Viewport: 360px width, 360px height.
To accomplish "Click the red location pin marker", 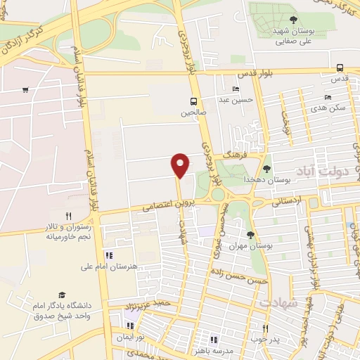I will click(x=181, y=165).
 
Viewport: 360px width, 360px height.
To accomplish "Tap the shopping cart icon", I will click(x=25, y=89).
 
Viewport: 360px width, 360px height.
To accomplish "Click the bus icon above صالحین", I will click(x=193, y=101).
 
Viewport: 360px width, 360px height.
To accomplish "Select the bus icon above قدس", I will click(x=340, y=67).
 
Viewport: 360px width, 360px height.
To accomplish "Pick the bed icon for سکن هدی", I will click(x=328, y=97).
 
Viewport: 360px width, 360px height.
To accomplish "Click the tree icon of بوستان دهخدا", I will click(x=266, y=168).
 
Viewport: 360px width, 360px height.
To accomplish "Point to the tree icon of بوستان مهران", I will click(x=250, y=234).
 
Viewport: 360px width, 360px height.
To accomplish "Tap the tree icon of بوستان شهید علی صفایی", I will click(x=293, y=19).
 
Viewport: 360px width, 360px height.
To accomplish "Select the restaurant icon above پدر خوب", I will click(x=265, y=328).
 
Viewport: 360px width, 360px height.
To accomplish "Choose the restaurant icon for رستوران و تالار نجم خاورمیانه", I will click(x=68, y=216).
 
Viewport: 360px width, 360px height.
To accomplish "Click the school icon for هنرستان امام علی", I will click(x=109, y=255).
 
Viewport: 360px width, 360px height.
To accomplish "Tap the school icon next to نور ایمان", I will click(x=129, y=326).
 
